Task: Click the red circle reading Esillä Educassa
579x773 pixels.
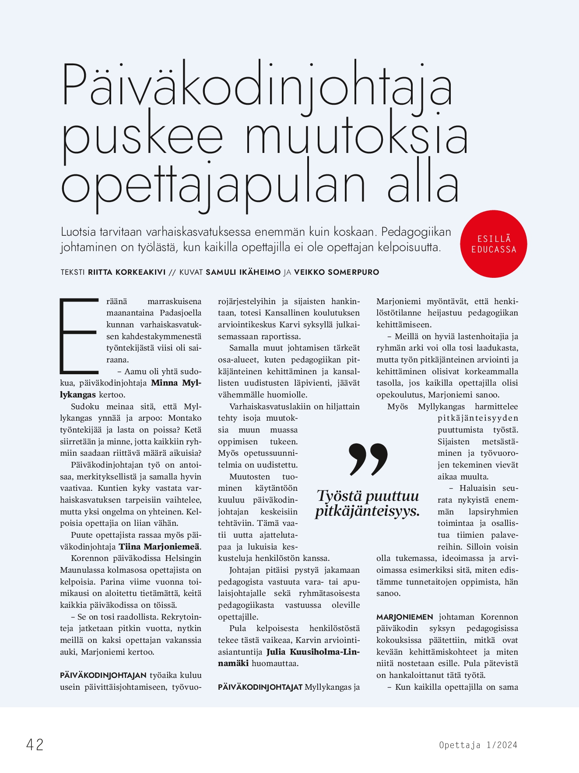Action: (494, 244)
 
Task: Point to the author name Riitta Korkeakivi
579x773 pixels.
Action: (127, 272)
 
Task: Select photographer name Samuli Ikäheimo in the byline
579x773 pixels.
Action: (243, 272)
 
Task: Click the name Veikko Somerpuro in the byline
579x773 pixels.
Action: (337, 272)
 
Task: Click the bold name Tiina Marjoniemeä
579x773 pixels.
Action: (159, 546)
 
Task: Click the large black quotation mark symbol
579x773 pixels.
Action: (368, 459)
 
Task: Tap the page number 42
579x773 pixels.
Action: (35, 745)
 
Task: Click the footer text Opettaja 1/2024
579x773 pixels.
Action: (478, 745)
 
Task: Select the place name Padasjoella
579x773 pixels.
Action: (180, 313)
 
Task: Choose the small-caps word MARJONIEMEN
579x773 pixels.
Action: (404, 617)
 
